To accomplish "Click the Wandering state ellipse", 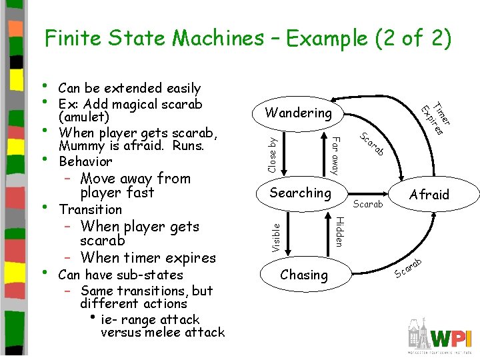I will click(x=299, y=113).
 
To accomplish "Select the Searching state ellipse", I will click(x=300, y=193).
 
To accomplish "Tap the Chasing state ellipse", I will click(x=304, y=275).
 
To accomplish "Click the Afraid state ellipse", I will click(x=429, y=195).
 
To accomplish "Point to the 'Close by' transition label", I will click(x=272, y=153).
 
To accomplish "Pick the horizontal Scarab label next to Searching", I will click(x=368, y=205).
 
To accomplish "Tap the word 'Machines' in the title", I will click(x=218, y=39).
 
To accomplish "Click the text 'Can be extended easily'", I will click(x=129, y=88).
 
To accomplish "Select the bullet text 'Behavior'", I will click(x=85, y=161).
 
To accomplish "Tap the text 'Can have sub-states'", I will click(x=121, y=275).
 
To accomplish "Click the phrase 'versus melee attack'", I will click(x=163, y=332).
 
